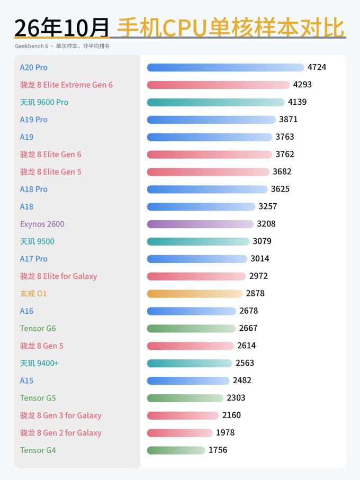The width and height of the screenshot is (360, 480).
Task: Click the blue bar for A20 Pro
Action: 226,67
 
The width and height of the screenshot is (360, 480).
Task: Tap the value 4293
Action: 302,85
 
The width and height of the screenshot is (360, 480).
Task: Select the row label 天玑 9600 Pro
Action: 44,102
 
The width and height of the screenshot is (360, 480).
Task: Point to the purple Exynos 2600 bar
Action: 200,224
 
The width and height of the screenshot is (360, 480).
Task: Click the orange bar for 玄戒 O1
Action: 195,294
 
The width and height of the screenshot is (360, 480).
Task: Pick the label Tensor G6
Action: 38,329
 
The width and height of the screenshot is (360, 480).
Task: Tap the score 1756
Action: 218,450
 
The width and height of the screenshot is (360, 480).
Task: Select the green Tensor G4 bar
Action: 176,450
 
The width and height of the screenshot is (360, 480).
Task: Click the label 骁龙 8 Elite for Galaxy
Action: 58,276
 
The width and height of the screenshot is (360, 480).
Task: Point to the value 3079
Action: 262,241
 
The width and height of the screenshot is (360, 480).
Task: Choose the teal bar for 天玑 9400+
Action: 190,364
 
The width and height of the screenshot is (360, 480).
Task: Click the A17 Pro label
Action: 34,259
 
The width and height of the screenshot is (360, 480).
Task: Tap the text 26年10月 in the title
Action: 62,28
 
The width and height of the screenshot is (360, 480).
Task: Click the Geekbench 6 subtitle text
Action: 32,46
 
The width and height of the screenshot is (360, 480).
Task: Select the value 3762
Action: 285,154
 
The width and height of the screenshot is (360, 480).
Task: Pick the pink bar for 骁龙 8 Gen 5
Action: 191,346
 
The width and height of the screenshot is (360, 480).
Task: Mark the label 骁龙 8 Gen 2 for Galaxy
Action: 60,433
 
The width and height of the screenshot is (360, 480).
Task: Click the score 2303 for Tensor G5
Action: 236,397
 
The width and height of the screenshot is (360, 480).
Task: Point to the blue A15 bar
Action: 188,381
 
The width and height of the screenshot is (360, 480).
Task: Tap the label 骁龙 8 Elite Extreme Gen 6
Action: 66,85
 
